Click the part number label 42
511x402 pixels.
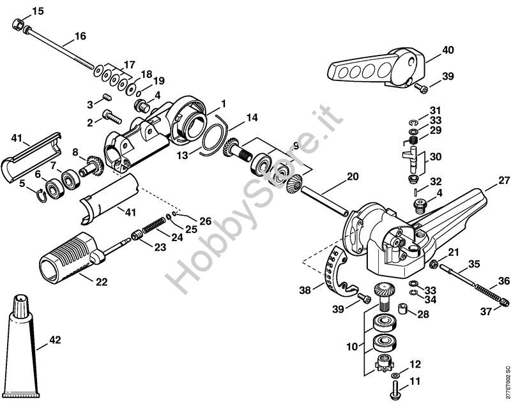tap(55, 340)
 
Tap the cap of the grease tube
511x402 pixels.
tap(22, 306)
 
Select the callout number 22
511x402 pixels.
tap(101, 281)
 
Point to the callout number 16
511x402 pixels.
tap(80, 36)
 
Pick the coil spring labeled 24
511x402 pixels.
tap(153, 225)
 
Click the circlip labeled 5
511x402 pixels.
tap(40, 195)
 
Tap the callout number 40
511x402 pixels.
tap(448, 50)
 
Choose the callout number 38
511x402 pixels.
tap(305, 290)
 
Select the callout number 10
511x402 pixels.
tap(352, 346)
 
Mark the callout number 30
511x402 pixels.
tap(436, 157)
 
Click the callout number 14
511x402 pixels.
tap(252, 118)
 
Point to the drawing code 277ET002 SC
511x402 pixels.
tap(507, 382)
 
